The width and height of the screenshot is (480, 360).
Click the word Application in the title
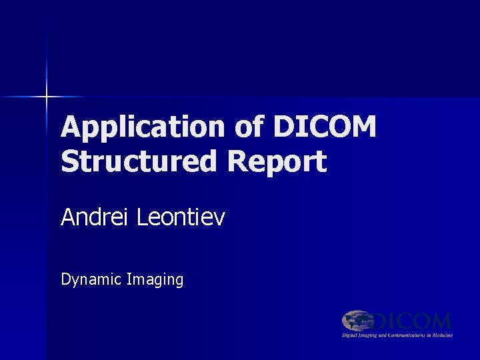143,127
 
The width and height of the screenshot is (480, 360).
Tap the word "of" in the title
249,126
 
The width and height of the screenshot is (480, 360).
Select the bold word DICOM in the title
325,126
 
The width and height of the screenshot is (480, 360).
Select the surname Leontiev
181,217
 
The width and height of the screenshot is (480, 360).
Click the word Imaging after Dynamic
155,280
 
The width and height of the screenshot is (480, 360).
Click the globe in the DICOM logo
357,321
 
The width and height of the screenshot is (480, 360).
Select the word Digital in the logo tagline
351,335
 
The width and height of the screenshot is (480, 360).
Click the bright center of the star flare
47,97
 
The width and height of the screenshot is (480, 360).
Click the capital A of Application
71,126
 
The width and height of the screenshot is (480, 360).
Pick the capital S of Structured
69,161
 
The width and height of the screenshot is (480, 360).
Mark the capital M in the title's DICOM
363,126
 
